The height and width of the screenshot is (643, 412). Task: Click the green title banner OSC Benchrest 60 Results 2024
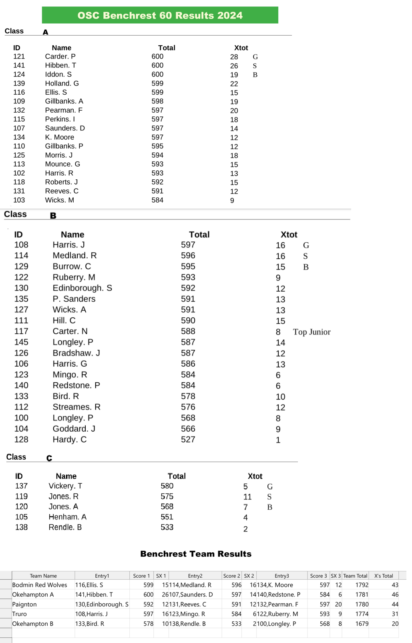coord(160,15)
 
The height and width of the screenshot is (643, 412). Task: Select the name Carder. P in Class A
coord(60,57)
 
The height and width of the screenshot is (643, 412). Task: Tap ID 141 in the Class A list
coord(19,65)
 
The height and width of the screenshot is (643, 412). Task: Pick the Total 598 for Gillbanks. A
coord(157,101)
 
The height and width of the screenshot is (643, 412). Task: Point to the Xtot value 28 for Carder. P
coord(234,57)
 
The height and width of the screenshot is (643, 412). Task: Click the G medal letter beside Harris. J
coord(306,245)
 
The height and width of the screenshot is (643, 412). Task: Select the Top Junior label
coord(312,332)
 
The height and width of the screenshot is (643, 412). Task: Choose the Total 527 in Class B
coord(188,439)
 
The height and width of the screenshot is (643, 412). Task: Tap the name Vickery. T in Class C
coord(65,486)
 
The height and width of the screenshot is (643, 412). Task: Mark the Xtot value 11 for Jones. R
coord(247,497)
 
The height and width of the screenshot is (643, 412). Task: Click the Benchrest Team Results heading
coord(196,554)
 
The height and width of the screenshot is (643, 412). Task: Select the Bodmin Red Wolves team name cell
coord(40,585)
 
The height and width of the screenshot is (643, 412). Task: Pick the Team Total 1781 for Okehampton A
coord(362,594)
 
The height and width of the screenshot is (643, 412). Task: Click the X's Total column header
coord(383,576)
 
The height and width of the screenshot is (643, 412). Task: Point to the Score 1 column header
coord(141,576)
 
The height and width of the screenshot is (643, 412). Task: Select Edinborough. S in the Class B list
coord(82,288)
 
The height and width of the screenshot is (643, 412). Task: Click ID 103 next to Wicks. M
coord(19,200)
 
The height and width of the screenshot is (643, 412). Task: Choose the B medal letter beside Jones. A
coord(269,507)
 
